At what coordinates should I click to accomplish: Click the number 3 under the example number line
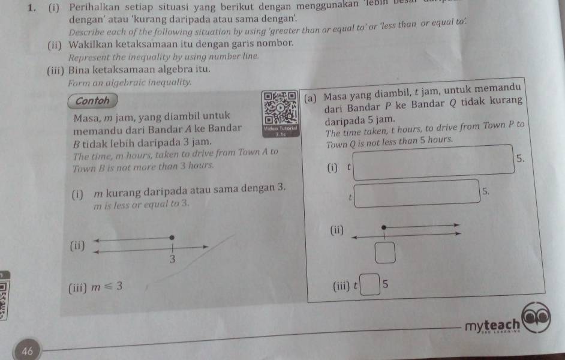point(172,259)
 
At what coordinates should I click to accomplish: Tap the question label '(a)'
point(312,98)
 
